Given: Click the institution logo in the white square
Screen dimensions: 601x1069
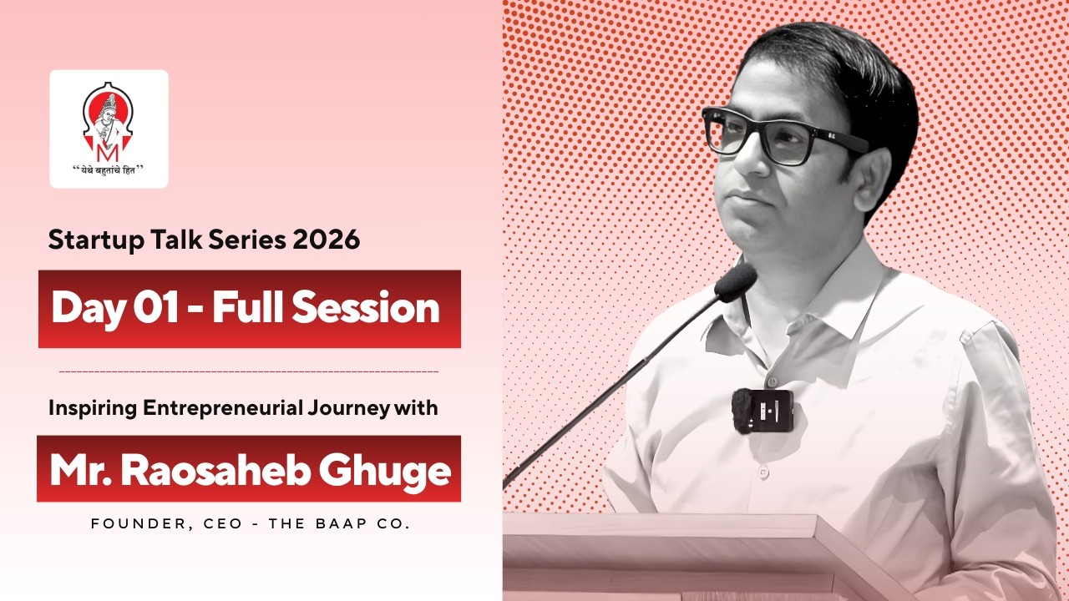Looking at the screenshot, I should coord(109,120).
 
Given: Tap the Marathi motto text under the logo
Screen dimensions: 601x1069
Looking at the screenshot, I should coord(109,169).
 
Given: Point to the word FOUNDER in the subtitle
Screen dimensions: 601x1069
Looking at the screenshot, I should coord(126,524).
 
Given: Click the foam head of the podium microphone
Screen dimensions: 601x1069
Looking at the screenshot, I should coord(736,282).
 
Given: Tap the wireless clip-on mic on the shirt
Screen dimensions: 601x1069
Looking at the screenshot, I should coord(762,410).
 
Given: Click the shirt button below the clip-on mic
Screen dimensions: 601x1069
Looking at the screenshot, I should coord(762,472).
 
